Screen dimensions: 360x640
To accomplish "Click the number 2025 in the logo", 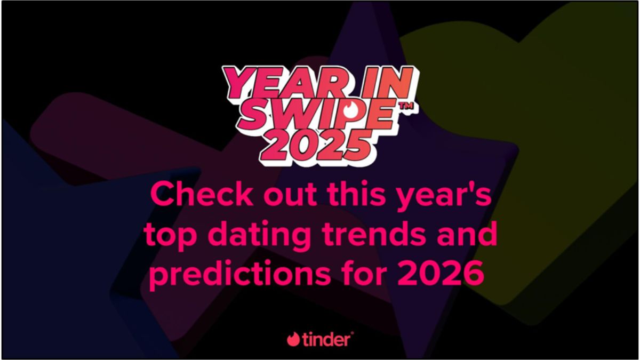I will [x=316, y=143].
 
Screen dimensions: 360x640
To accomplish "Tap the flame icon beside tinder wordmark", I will [x=293, y=339].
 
